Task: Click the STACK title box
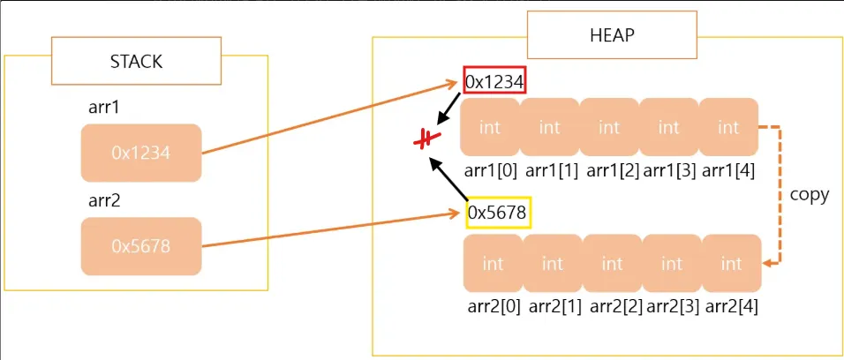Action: (x=136, y=61)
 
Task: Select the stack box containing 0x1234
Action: (x=141, y=153)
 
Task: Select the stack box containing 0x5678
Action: (x=141, y=246)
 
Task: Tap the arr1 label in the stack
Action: (x=104, y=108)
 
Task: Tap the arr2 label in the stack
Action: (x=104, y=200)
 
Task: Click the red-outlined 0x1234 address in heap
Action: (x=495, y=82)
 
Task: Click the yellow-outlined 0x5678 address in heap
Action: (x=498, y=213)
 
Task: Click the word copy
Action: (x=809, y=195)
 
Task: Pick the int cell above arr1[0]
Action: (x=490, y=128)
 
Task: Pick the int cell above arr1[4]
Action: (x=728, y=128)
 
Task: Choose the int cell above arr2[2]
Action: (x=613, y=264)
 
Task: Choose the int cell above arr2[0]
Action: (x=493, y=264)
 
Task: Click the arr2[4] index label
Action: (x=731, y=306)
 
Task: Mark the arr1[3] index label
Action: (x=669, y=170)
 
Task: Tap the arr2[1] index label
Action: (x=553, y=306)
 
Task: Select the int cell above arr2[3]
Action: (x=672, y=264)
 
